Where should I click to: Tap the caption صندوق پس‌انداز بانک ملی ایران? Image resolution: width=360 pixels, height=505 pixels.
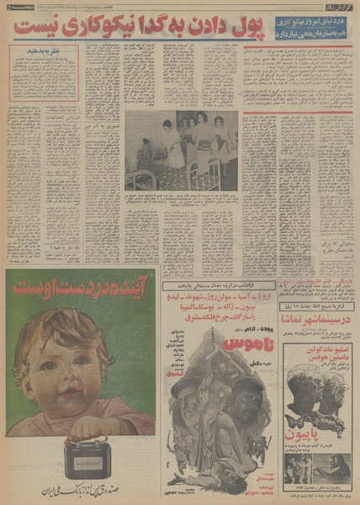[x=80, y=487]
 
